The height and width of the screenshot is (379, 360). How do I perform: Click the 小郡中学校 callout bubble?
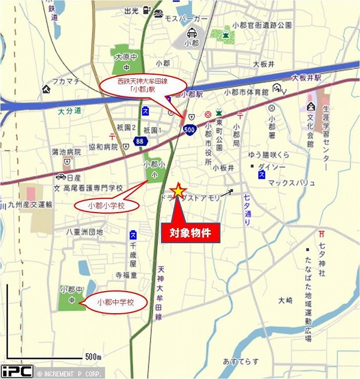click(116, 303)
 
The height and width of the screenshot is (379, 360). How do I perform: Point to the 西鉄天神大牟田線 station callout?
click(144, 85)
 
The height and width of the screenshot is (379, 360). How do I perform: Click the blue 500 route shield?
click(190, 128)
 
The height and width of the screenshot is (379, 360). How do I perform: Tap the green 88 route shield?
click(139, 141)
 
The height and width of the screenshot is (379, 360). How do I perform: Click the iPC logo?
click(17, 371)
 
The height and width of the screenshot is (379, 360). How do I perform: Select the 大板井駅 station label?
click(307, 77)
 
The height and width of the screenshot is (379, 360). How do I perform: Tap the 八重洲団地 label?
click(84, 232)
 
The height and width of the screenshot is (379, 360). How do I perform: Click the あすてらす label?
click(241, 361)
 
